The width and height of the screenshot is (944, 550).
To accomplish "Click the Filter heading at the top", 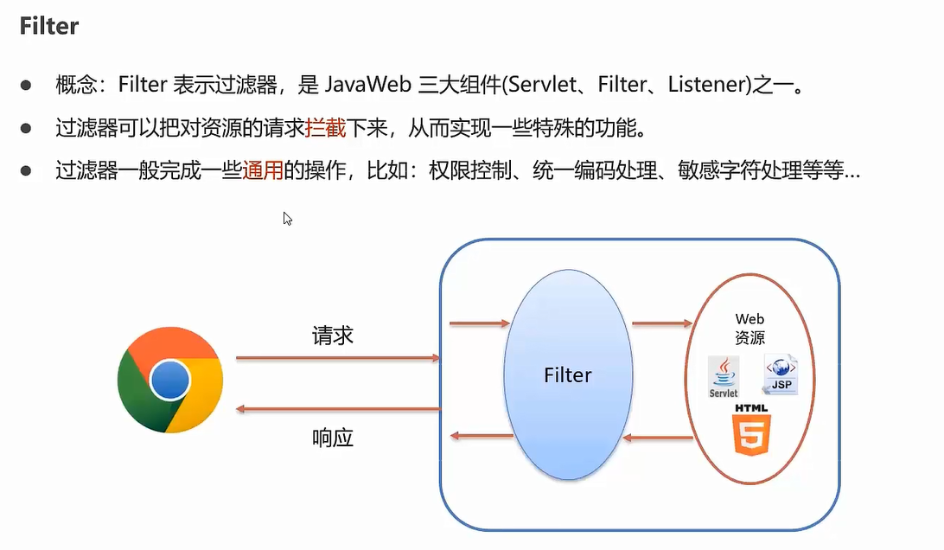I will tap(50, 26).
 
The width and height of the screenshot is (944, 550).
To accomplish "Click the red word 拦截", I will tap(326, 129).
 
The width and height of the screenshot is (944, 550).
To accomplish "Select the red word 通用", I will tap(263, 170).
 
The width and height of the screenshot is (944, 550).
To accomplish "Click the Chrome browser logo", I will tap(170, 381).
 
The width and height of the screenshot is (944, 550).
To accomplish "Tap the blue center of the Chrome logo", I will tap(169, 380).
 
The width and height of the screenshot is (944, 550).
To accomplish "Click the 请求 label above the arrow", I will tap(333, 336).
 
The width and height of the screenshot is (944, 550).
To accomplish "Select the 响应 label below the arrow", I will tap(333, 438).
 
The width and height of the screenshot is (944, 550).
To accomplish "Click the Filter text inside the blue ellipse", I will tap(568, 375).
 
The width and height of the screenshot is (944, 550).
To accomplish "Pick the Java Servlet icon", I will tap(724, 377).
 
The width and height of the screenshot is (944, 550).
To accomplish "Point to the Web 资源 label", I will tap(749, 329).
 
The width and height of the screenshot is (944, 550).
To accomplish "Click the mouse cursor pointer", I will tap(287, 218).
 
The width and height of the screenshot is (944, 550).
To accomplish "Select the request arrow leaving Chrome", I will tap(337, 357).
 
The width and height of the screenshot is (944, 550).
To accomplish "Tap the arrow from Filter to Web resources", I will tap(662, 323).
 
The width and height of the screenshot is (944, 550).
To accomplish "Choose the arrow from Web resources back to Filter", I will tap(658, 438).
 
